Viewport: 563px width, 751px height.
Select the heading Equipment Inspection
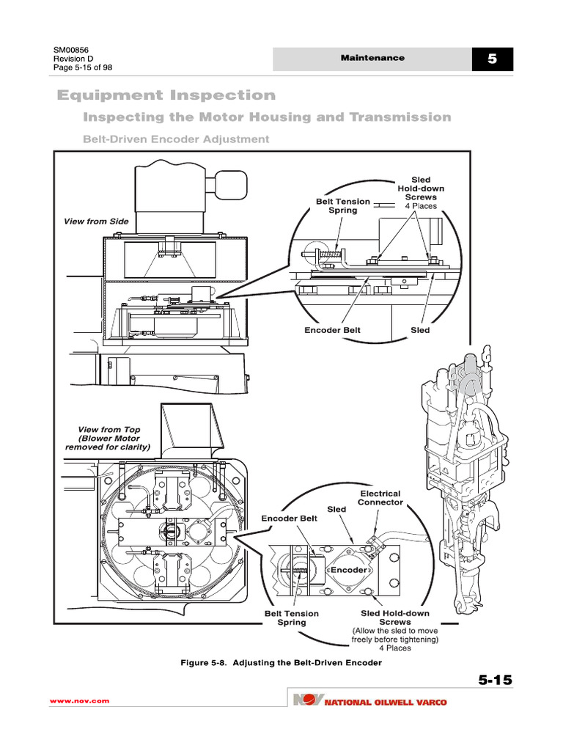(x=166, y=95)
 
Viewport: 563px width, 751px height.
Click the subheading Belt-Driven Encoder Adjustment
(x=166, y=139)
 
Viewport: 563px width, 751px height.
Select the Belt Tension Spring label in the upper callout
(x=336, y=205)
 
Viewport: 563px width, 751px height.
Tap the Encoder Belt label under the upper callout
(x=332, y=330)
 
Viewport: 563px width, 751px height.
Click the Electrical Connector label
(x=379, y=498)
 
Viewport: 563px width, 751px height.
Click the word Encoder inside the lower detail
(x=348, y=570)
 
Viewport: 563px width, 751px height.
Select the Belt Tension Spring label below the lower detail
(x=291, y=618)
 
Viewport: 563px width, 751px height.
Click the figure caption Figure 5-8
(x=281, y=663)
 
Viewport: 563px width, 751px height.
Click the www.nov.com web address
(x=79, y=701)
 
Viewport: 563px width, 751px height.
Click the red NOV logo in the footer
(x=306, y=702)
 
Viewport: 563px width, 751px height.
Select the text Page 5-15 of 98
(x=83, y=68)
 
